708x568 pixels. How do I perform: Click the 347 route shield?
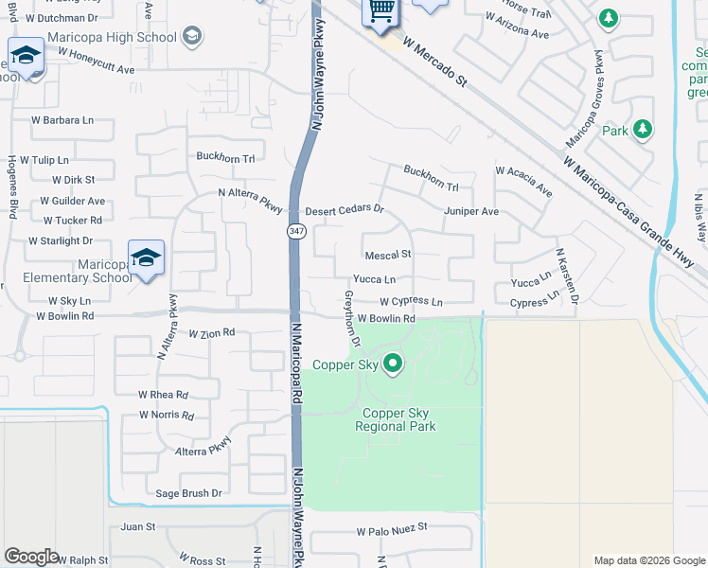pos(295,230)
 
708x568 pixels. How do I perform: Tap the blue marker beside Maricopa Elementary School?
pos(147,257)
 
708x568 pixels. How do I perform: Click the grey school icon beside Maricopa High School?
pos(192,37)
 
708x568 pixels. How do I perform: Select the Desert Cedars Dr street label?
pos(344,209)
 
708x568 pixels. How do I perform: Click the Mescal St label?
pos(388,255)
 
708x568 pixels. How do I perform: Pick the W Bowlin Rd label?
pos(386,319)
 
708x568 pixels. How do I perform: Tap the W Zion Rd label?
pos(211,334)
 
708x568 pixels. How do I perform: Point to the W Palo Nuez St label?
pos(392,527)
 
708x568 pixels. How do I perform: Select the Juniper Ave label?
pos(471,211)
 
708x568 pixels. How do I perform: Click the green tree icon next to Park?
pos(643,128)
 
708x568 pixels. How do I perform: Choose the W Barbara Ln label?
pos(62,120)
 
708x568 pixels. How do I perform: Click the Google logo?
pos(31,557)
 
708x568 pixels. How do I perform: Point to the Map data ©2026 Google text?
pos(648,560)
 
